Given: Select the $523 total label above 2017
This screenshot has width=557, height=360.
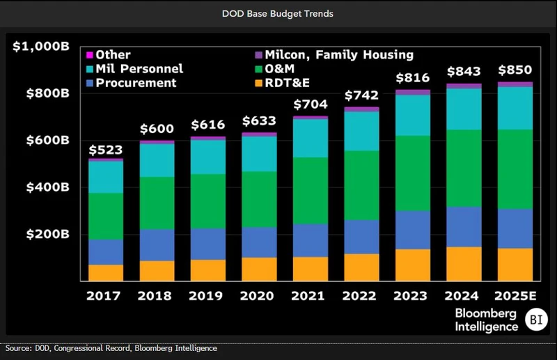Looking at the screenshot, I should coord(105,150).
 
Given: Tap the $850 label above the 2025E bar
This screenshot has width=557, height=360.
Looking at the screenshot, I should coord(515,70).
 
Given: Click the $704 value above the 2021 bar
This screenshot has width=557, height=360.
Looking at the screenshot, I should coord(310,105).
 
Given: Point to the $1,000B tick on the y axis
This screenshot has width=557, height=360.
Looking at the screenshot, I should coord(41,47).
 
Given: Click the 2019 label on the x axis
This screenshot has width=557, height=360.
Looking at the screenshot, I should coord(207,295).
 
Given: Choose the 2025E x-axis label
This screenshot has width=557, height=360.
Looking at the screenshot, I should coord(515,295).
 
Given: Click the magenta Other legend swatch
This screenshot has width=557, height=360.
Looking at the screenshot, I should coord(89,54).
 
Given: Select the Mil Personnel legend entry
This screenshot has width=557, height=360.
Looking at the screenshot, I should coord(139,68).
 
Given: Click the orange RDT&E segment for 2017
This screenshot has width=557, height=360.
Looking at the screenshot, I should coord(105,272).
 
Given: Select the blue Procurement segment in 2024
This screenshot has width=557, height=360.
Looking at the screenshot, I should coord(464,226).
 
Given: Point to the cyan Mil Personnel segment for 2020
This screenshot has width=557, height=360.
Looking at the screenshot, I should coord(259,153).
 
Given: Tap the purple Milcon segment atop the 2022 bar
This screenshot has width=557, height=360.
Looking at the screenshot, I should coord(361,109).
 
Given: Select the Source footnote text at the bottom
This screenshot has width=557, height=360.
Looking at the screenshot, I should coord(111,348).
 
